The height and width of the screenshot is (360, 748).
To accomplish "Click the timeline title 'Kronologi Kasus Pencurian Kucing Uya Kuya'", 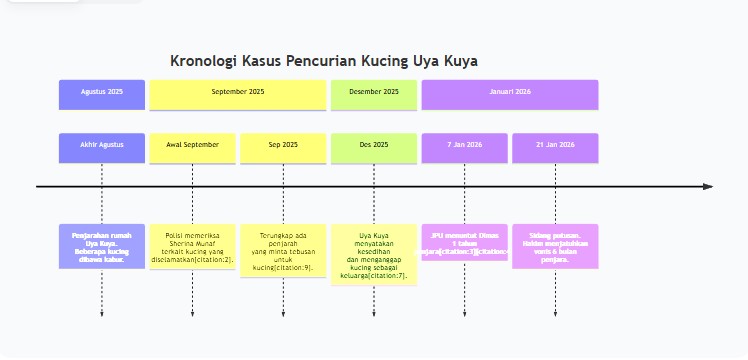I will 324,61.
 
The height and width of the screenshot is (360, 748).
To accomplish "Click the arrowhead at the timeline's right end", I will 708,186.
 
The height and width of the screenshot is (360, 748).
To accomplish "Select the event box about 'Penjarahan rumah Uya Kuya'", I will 102,246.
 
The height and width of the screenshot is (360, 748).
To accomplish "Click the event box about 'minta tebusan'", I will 283,251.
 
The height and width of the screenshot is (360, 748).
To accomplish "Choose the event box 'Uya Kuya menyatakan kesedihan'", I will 374,255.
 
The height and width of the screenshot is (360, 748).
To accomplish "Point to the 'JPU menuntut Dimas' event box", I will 465,242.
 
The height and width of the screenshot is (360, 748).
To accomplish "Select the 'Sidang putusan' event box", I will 555,246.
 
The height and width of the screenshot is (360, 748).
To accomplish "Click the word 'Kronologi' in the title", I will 202,61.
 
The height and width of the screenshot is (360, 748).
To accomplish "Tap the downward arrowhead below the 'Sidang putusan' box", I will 555,314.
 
